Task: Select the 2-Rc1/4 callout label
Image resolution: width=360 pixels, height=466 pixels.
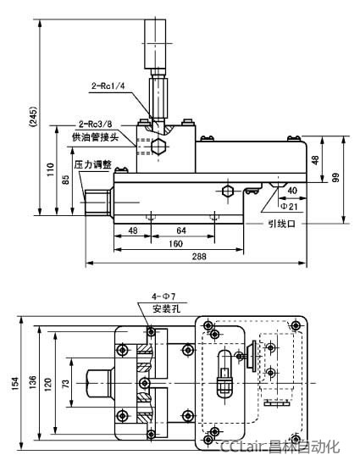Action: point(108,86)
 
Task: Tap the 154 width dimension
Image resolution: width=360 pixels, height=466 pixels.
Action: point(14,382)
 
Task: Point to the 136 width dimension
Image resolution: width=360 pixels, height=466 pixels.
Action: point(32,382)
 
